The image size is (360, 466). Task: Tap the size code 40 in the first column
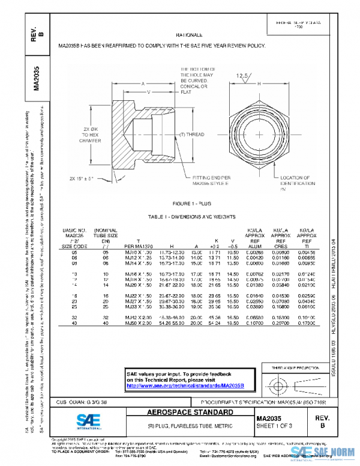coord(75,323)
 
